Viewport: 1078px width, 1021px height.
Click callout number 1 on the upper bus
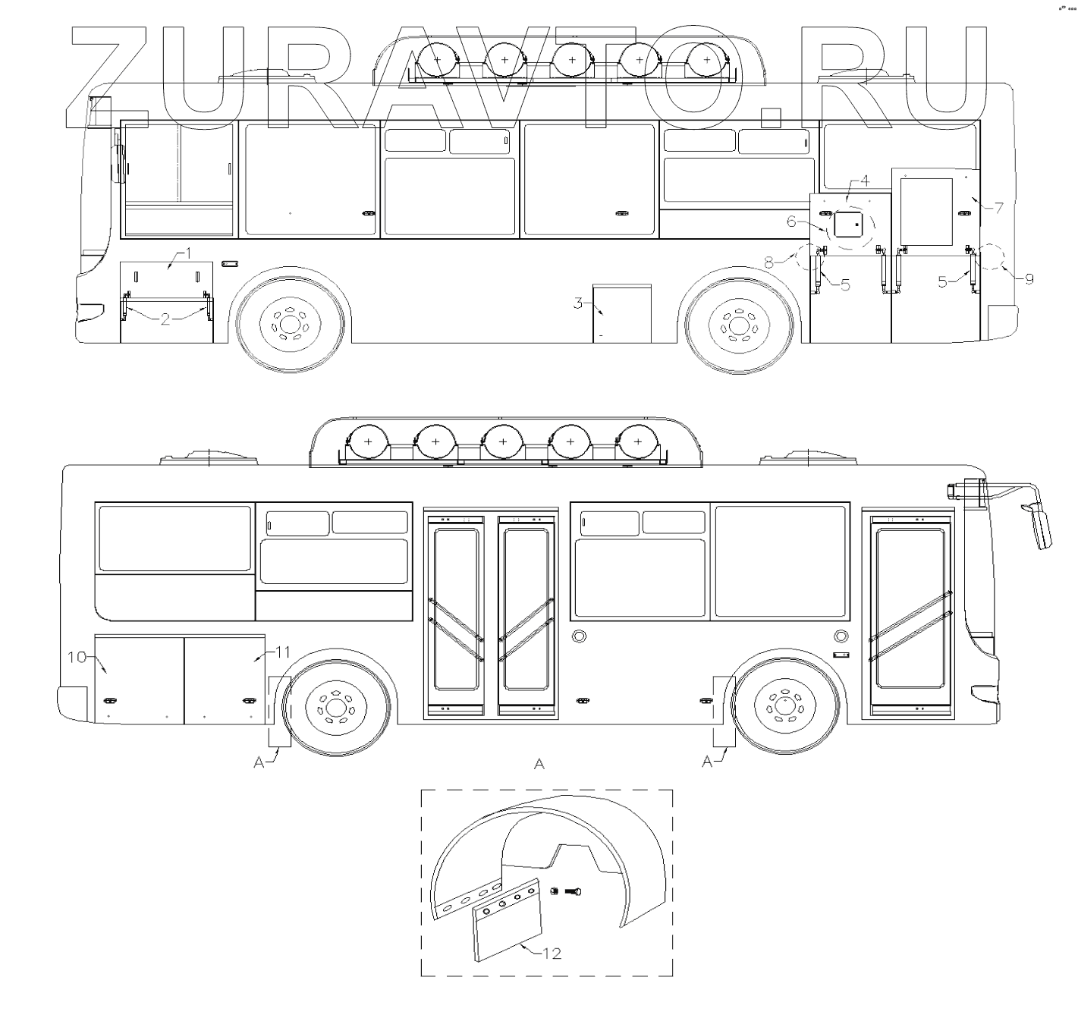pos(189,253)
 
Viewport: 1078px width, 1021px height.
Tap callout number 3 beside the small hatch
pos(578,303)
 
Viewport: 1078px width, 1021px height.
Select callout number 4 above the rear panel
pos(865,181)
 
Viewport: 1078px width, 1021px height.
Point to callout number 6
pos(791,221)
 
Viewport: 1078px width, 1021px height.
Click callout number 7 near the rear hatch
pos(998,208)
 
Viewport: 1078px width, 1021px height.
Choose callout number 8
pos(768,263)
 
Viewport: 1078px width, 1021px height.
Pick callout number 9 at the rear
pos(1029,279)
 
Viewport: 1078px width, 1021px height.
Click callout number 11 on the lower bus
pos(283,652)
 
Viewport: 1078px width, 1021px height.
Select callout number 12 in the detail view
pos(552,954)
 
